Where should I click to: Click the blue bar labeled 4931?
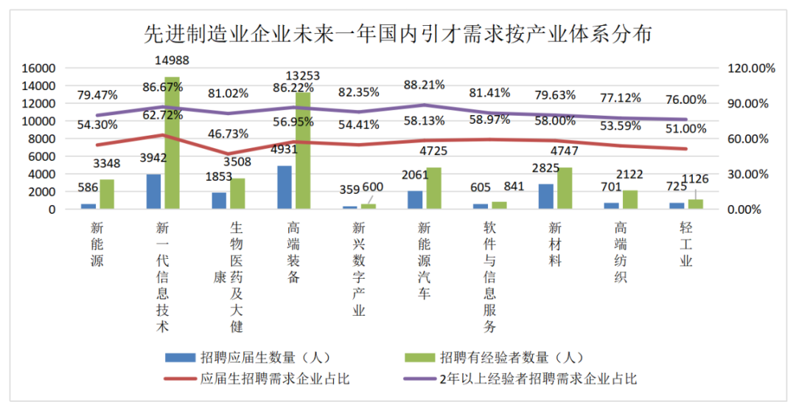click(x=284, y=187)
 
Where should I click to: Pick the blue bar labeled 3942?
click(x=154, y=192)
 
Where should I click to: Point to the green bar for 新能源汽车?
click(x=433, y=189)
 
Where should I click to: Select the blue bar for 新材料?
click(x=546, y=197)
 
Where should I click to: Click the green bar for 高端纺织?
click(x=629, y=200)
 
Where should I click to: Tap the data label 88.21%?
click(x=425, y=85)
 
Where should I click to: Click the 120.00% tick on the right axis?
click(x=753, y=68)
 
